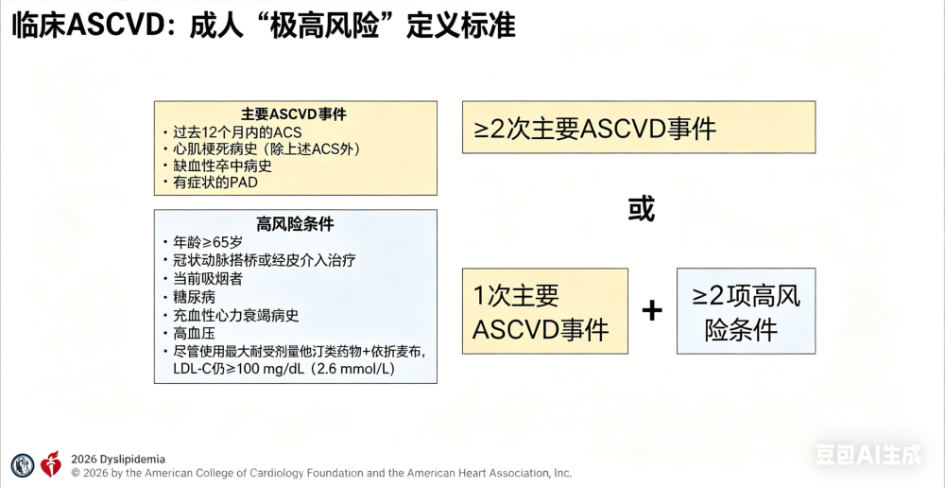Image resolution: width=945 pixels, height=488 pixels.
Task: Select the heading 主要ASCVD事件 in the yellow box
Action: pyautogui.click(x=296, y=114)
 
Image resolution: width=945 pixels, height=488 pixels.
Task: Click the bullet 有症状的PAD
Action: pyautogui.click(x=211, y=183)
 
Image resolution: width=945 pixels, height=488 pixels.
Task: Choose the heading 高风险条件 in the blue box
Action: pyautogui.click(x=295, y=225)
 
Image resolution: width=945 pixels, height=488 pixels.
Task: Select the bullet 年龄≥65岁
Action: pyautogui.click(x=202, y=243)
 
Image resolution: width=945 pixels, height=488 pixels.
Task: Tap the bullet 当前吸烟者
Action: pyautogui.click(x=203, y=279)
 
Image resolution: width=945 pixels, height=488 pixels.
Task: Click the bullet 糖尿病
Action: pyautogui.click(x=190, y=297)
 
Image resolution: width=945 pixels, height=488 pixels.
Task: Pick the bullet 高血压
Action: pyautogui.click(x=190, y=334)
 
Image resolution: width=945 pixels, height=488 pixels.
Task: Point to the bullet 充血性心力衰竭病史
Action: pyautogui.click(x=231, y=316)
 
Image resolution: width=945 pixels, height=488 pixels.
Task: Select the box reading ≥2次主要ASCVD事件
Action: pyautogui.click(x=639, y=128)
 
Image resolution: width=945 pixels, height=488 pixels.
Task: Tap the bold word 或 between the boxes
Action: pyautogui.click(x=641, y=210)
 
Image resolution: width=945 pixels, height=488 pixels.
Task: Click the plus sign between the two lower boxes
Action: pyautogui.click(x=651, y=310)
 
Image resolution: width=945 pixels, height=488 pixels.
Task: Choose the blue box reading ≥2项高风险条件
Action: pyautogui.click(x=747, y=310)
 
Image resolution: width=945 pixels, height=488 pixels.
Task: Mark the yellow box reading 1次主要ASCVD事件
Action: pyautogui.click(x=545, y=310)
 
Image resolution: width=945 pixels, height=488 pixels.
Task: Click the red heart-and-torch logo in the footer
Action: pyautogui.click(x=51, y=463)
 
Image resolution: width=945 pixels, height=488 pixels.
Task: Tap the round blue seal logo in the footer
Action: pyautogui.click(x=23, y=464)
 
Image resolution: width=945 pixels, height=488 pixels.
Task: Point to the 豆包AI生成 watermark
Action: pyautogui.click(x=868, y=455)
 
